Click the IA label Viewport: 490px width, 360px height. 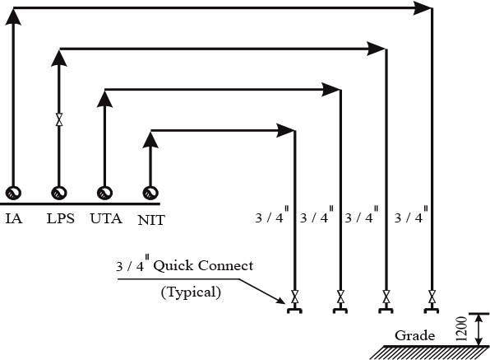click(14, 218)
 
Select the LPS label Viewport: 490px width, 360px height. click(61, 218)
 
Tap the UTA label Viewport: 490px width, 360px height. click(106, 218)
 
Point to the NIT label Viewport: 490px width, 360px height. click(151, 220)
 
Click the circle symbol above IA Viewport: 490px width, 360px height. click(13, 193)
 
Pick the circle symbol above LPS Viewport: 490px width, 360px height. click(59, 193)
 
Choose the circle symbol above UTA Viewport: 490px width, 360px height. click(104, 193)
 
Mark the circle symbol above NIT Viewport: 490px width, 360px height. click(150, 193)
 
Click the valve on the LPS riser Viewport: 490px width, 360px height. click(59, 119)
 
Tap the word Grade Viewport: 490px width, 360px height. click(414, 335)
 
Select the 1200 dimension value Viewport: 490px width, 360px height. click(462, 329)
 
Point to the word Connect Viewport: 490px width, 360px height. click(225, 265)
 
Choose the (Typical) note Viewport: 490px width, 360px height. click(191, 292)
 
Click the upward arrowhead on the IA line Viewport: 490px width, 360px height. click(13, 16)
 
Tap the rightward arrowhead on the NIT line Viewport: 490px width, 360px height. click(285, 130)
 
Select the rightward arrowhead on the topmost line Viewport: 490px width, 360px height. click(423, 8)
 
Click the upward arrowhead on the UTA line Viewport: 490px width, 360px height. click(104, 98)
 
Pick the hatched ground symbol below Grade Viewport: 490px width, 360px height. click(430, 353)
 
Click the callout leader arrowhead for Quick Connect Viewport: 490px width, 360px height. click(280, 301)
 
